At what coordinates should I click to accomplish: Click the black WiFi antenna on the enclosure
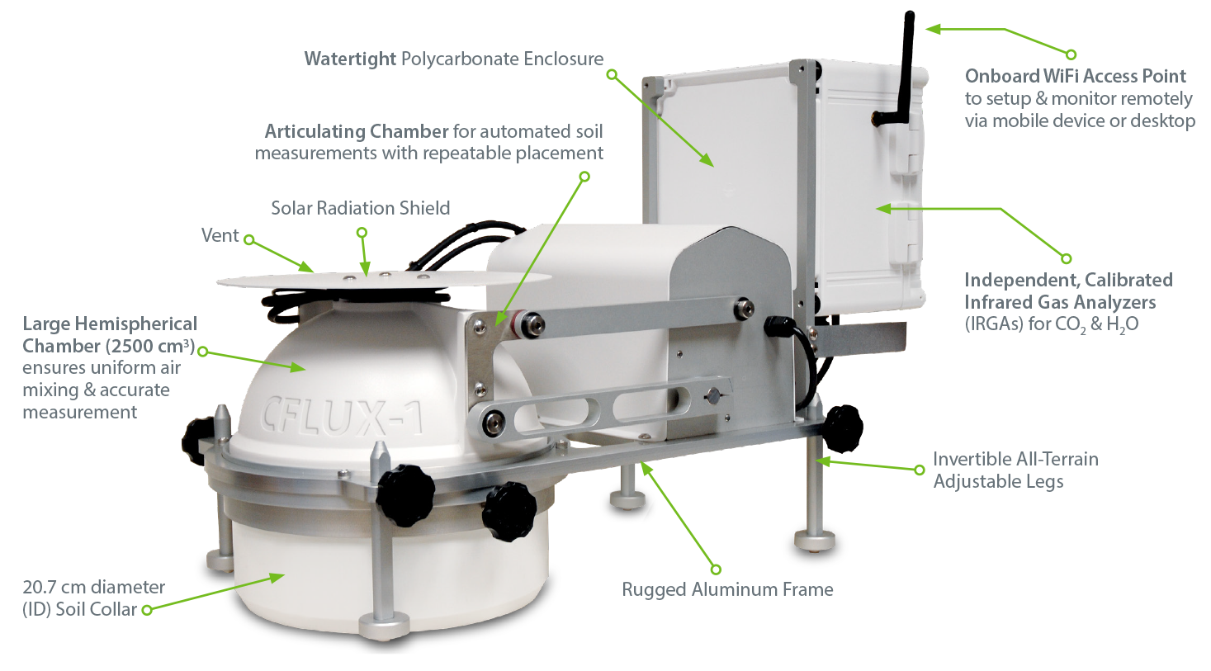(903, 70)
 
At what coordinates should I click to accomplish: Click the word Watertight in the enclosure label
(350, 59)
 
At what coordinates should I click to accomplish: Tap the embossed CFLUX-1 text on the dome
(343, 417)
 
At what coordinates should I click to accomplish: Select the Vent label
(220, 235)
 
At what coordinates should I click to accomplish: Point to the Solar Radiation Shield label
(360, 208)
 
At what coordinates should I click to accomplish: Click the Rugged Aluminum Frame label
(727, 589)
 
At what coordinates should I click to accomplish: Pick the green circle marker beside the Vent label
(248, 239)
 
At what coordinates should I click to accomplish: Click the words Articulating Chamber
(357, 131)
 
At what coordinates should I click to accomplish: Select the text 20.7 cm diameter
(93, 587)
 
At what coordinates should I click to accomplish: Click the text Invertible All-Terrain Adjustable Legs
(1016, 470)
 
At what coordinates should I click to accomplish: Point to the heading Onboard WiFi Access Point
(1076, 76)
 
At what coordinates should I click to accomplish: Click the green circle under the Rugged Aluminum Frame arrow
(716, 569)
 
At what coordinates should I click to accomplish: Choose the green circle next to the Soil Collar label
(147, 610)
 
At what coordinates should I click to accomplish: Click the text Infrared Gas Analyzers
(1060, 302)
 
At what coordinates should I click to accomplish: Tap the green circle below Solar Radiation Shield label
(362, 233)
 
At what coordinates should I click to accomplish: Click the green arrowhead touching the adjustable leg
(823, 461)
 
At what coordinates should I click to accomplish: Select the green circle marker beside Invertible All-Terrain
(919, 470)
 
